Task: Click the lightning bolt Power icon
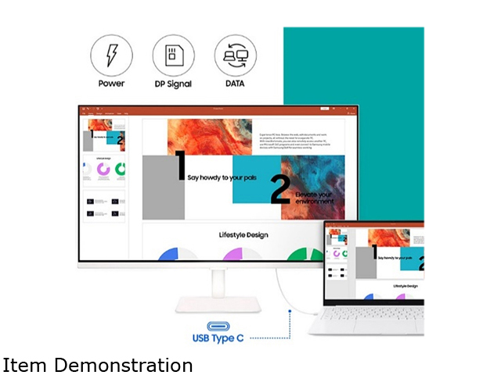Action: [111, 55]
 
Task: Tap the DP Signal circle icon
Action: [172, 55]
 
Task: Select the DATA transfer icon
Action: [234, 55]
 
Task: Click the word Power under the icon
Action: [111, 84]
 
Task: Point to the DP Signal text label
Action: [172, 84]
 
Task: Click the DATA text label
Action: [234, 84]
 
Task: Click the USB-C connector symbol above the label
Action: [221, 325]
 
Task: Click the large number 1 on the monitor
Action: [179, 167]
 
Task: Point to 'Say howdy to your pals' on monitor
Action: [222, 177]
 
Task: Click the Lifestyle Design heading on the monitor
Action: [245, 234]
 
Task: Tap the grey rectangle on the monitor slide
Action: [164, 187]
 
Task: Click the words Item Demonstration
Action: [98, 365]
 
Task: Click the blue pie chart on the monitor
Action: [178, 255]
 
